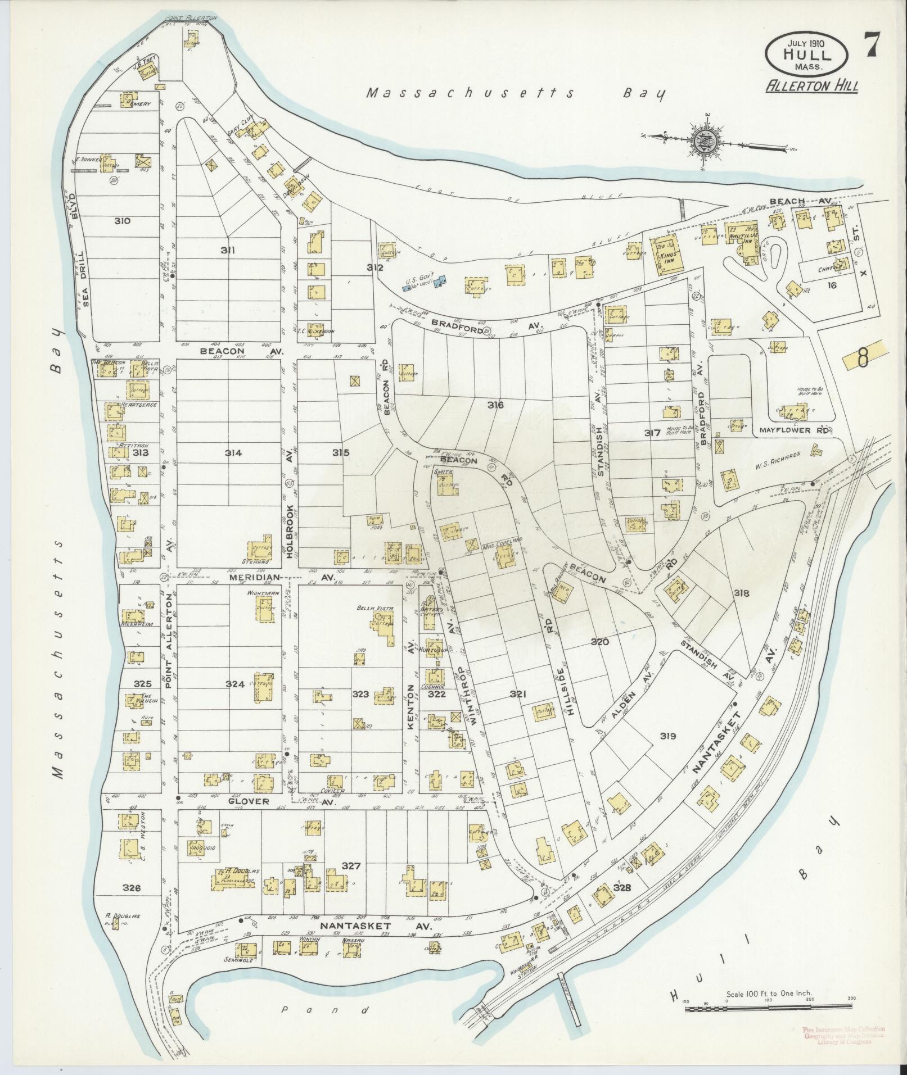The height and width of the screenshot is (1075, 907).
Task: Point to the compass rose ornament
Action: pos(703,140)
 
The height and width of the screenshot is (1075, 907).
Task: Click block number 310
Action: pos(122,221)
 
